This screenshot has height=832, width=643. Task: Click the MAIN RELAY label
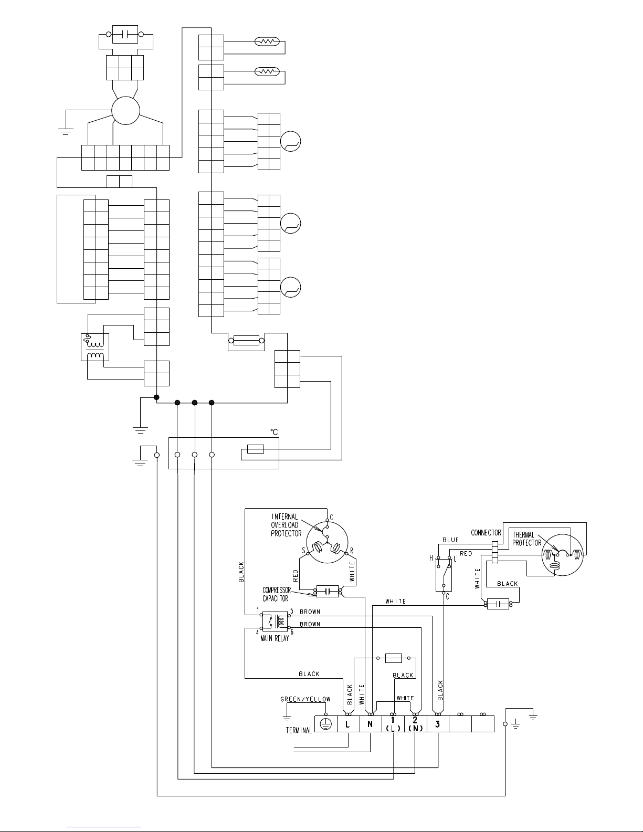(275, 638)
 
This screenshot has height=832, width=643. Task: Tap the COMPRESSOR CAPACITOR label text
(277, 594)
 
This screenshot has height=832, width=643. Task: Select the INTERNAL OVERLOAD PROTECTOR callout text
(286, 525)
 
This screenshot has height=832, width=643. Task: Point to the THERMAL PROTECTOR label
(526, 539)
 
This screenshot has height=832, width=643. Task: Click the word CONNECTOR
(486, 533)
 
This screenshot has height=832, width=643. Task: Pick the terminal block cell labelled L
(348, 724)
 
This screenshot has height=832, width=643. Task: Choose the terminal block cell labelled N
(371, 724)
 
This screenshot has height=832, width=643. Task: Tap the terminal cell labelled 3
(438, 724)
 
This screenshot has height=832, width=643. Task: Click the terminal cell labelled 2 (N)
(415, 724)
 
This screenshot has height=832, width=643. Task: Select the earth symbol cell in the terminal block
(326, 724)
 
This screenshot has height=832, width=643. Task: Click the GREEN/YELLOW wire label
(305, 699)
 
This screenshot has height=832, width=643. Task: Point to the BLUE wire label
(450, 540)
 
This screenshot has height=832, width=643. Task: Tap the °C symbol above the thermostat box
(274, 432)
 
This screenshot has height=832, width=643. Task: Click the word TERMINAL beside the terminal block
(299, 730)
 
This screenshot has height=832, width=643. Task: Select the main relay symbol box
(275, 622)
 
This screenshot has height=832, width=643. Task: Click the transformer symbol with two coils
(95, 347)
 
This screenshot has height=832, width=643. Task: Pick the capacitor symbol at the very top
(125, 35)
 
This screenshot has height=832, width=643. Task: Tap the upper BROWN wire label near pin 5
(310, 612)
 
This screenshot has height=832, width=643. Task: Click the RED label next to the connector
(466, 554)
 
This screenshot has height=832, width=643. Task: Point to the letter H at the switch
(431, 558)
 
